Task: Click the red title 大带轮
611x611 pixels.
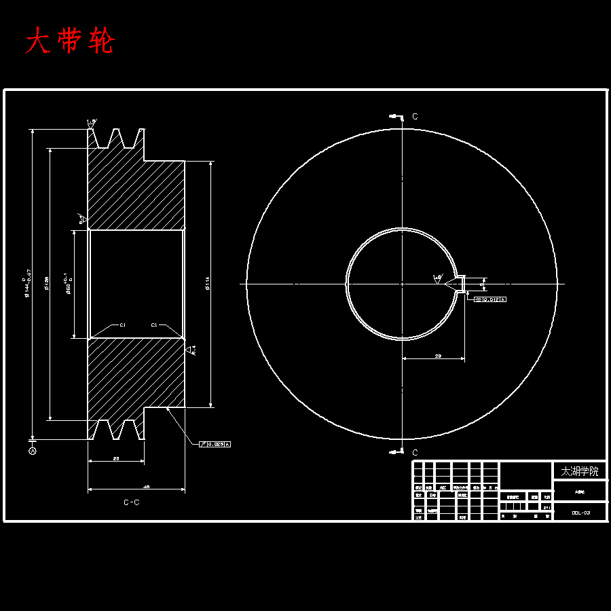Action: coord(70,41)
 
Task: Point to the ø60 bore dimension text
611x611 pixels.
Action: coord(67,284)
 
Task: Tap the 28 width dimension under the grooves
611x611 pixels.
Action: coord(116,459)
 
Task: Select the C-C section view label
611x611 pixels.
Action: coord(132,503)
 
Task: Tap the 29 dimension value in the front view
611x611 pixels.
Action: coord(438,355)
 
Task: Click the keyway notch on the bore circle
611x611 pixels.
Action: coord(460,284)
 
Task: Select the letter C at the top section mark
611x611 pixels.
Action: coord(415,117)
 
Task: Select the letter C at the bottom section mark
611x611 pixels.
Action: coord(415,452)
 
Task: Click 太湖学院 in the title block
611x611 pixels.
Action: coord(580,470)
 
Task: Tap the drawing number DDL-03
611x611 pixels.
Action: coord(580,513)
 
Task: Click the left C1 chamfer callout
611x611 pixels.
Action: coord(123,325)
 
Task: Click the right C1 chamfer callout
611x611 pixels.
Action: coord(154,325)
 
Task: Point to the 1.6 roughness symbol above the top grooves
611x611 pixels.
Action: coord(91,123)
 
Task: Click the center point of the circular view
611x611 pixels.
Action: coord(402,284)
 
